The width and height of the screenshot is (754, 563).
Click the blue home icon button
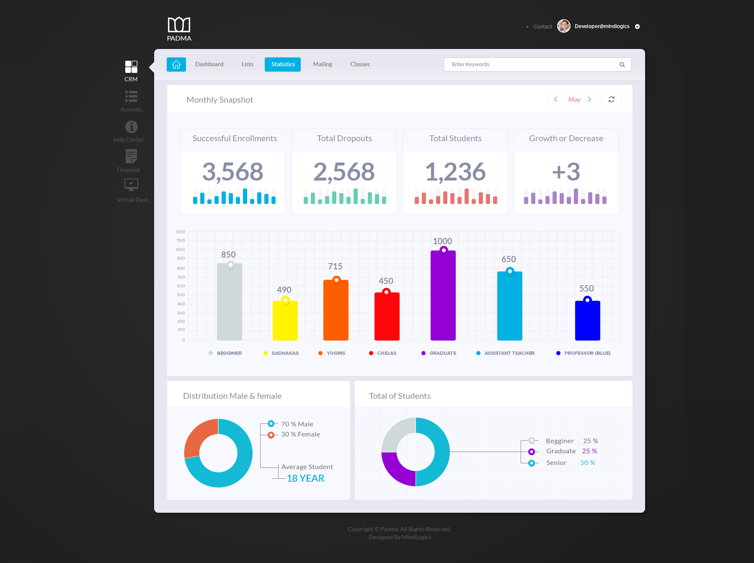tap(176, 65)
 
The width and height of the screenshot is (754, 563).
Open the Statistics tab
tap(283, 65)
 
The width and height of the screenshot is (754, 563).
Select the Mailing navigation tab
tap(323, 65)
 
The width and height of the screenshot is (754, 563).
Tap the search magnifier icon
tap(622, 65)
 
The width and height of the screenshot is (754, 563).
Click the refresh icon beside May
tap(611, 99)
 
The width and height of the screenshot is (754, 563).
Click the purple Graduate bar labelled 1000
tap(443, 297)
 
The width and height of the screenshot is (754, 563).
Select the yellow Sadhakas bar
tap(285, 321)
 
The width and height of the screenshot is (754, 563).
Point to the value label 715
tap(335, 266)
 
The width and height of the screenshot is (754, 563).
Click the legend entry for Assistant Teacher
tap(509, 353)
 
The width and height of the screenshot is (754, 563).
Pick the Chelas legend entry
tap(386, 353)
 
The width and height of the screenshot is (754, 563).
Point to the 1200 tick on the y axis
tap(180, 232)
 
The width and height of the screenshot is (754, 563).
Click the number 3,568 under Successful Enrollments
tap(233, 172)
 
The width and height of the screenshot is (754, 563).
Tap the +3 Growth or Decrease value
tap(566, 172)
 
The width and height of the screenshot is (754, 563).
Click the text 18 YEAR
tap(305, 478)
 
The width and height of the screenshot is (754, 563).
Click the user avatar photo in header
tap(564, 26)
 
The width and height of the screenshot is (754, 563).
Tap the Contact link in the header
tap(542, 27)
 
